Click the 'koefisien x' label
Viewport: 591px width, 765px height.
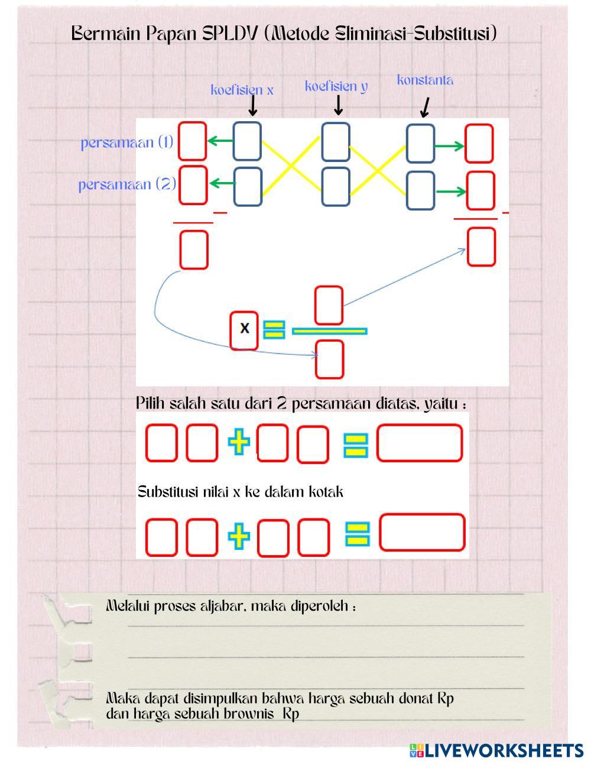242,90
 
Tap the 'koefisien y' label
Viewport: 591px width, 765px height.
336,86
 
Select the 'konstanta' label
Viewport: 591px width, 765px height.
425,80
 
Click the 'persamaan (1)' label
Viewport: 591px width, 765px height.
127,142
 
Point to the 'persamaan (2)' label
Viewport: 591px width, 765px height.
127,184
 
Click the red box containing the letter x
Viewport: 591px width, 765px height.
243,330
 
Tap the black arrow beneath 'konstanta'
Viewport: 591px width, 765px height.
425,108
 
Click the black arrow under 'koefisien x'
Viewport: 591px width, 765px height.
252,106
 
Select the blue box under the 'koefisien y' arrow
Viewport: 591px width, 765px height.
336,142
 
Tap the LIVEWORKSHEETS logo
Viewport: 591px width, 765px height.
496,750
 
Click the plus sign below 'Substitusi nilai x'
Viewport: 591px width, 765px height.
239,536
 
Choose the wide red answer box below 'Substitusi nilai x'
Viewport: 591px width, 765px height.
422,532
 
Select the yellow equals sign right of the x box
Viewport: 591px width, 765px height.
274,330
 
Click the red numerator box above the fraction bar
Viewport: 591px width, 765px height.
329,305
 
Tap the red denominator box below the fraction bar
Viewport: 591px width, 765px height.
329,359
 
